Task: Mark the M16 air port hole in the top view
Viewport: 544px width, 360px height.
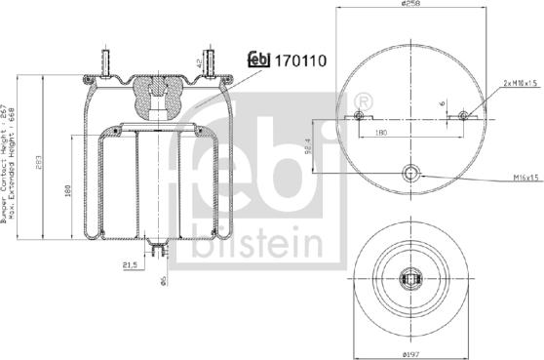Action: tap(410, 174)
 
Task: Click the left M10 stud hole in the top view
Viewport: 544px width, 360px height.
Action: tap(359, 117)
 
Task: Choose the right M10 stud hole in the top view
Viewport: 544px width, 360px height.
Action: tap(463, 117)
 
